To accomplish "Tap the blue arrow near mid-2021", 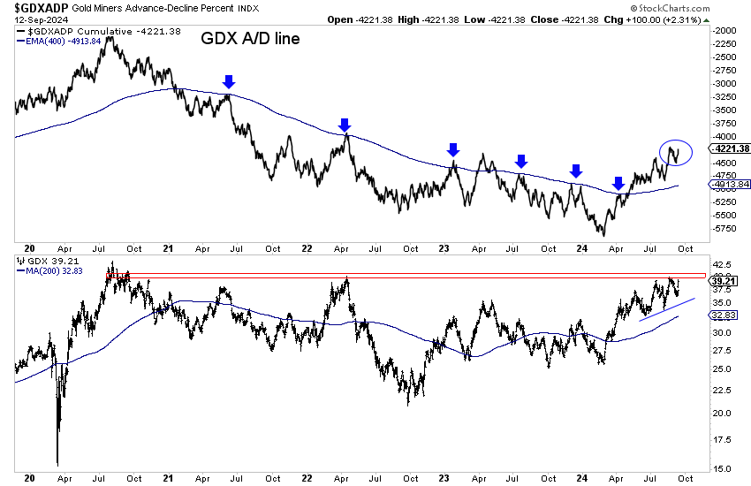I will tap(229, 81).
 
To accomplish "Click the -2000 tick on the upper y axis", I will tap(727, 30).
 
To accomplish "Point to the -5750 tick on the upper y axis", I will tap(727, 229).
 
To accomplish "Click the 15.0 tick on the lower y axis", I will tap(723, 468).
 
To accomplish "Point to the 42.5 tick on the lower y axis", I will tap(723, 262).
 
